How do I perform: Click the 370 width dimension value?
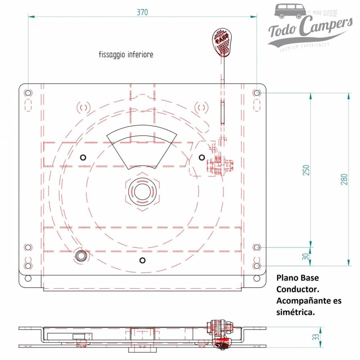point(142,12)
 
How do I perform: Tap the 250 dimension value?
point(306,170)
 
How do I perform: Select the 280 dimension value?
point(344,179)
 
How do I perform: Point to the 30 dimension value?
point(306,257)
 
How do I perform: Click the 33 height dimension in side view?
point(316,337)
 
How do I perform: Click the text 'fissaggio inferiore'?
point(126,55)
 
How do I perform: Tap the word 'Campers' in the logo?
point(326,27)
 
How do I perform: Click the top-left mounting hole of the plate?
point(28,93)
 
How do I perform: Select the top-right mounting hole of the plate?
point(256,93)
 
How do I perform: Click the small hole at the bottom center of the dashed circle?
point(143,260)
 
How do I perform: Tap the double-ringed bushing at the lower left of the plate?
point(80,255)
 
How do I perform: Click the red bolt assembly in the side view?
point(221,335)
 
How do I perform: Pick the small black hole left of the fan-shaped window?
point(83,157)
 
